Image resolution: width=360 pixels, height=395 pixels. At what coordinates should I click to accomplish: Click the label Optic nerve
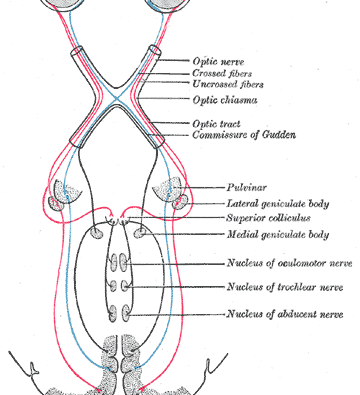[x=218, y=62]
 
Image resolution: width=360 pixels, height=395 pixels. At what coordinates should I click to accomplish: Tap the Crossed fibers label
[x=222, y=73]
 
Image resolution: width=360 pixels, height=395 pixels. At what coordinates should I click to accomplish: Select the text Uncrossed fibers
[x=228, y=84]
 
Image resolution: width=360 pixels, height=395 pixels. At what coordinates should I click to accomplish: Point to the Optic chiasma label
[x=225, y=100]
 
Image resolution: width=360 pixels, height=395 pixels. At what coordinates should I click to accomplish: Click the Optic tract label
[x=216, y=124]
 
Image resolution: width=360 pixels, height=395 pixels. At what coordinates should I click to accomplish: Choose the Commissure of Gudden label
[x=244, y=135]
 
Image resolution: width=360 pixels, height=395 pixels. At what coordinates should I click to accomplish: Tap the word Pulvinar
[x=247, y=187]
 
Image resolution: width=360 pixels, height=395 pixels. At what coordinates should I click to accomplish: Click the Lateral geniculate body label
[x=278, y=204]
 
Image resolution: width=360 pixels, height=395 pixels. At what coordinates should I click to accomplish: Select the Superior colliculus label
[x=269, y=218]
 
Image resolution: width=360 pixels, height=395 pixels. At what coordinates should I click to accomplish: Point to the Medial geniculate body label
[x=278, y=235]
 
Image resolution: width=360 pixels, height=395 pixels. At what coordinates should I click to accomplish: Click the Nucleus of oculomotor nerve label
[x=289, y=263]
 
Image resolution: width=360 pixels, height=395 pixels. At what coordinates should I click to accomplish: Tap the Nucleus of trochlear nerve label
[x=285, y=287]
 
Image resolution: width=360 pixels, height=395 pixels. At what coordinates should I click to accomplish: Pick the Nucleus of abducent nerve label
[x=285, y=314]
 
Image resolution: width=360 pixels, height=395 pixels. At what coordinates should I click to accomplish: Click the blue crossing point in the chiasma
[x=116, y=98]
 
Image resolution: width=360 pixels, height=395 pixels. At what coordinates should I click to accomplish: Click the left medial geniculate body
[x=97, y=233]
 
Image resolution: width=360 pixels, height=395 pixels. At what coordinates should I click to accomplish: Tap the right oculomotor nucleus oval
[x=124, y=262]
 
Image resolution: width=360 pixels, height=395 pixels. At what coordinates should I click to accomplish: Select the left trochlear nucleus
[x=114, y=286]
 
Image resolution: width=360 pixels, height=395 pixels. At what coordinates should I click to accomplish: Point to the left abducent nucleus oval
[x=113, y=313]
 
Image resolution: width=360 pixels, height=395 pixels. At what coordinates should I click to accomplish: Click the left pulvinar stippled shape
[x=68, y=191]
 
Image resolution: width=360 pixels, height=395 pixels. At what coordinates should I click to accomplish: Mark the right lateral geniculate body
[x=180, y=203]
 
